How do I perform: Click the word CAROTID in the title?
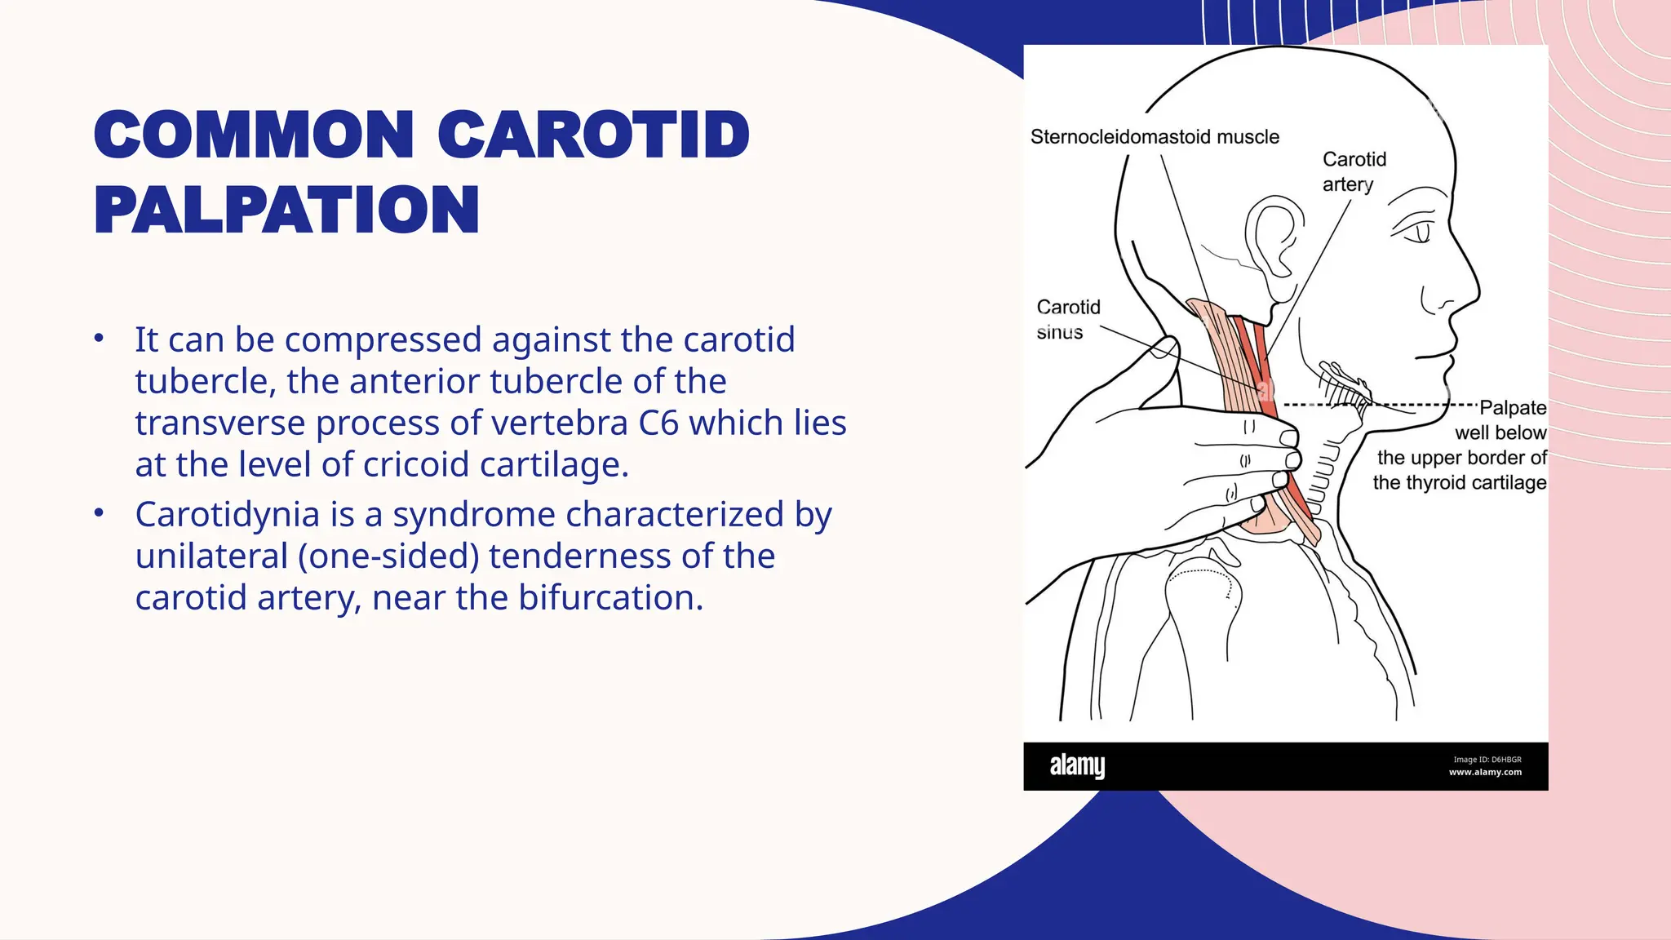click(593, 135)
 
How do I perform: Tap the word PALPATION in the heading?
click(286, 210)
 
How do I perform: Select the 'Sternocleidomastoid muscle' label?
click(1155, 137)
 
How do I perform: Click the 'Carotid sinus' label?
click(1067, 319)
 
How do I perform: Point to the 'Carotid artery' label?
click(1354, 171)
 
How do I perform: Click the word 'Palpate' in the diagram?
click(1513, 407)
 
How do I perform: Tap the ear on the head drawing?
click(1274, 237)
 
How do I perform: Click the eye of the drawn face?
click(1421, 233)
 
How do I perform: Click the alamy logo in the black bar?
click(1077, 765)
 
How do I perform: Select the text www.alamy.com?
click(1485, 772)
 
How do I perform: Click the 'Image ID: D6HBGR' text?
click(1487, 759)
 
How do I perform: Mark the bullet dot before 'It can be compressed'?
click(99, 338)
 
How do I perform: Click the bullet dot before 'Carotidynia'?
click(99, 513)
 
